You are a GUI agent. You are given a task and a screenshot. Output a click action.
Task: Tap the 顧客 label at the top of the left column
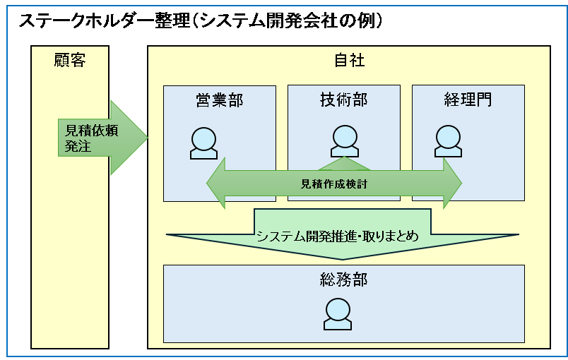pos(69,61)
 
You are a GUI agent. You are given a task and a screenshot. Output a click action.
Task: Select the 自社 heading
pos(349,61)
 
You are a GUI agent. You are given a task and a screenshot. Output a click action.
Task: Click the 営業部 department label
pos(219,100)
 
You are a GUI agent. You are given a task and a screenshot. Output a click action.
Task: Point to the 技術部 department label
pos(343,100)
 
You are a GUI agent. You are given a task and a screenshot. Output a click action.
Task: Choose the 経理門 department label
pos(468,100)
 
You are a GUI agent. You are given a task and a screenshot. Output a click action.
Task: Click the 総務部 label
pos(343,280)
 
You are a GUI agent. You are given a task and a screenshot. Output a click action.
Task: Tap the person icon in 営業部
pos(204,143)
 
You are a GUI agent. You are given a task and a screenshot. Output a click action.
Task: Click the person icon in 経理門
pos(448,140)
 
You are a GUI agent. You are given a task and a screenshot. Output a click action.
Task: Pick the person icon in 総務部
pos(338,313)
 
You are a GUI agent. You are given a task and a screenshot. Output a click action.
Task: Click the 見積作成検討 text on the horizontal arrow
pos(334,184)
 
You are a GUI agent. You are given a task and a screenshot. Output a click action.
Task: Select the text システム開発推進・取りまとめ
pos(337,236)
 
